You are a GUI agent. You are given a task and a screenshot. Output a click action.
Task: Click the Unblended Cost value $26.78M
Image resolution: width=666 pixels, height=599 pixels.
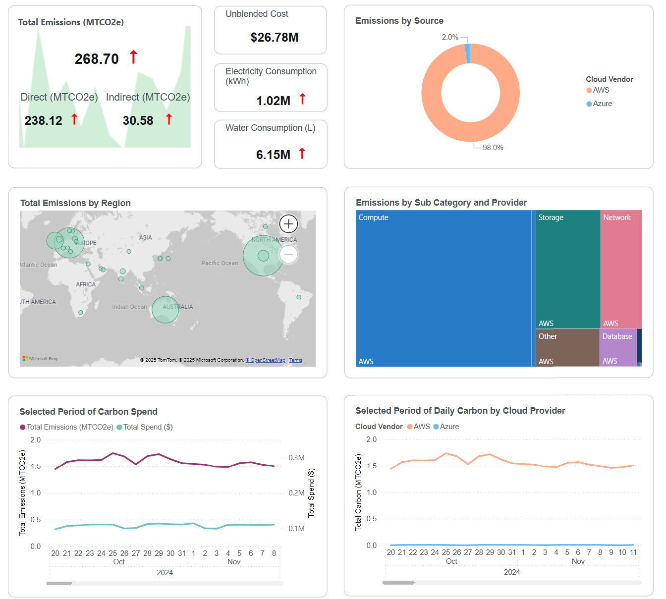[x=275, y=38]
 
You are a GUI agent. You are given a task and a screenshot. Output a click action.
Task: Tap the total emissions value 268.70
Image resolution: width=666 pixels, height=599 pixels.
[x=97, y=59]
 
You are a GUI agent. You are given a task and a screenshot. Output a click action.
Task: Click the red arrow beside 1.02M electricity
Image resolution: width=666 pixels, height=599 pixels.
[x=302, y=99]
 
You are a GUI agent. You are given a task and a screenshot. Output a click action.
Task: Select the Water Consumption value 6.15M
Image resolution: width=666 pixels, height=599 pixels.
[x=273, y=155]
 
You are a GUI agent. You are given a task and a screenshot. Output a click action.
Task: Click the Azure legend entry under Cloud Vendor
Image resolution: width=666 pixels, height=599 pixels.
[x=602, y=104]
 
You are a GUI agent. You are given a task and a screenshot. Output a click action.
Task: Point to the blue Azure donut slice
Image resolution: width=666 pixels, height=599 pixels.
[x=468, y=54]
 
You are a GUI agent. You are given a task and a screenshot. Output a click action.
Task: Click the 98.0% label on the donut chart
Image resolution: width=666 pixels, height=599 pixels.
[x=493, y=148]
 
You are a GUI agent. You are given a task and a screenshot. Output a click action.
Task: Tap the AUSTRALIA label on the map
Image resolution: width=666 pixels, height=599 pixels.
[x=178, y=307]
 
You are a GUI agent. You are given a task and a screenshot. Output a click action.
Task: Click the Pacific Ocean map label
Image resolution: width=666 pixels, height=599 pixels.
[x=220, y=263]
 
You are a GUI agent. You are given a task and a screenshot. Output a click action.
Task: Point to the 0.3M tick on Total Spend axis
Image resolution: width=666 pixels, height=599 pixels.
[x=296, y=458]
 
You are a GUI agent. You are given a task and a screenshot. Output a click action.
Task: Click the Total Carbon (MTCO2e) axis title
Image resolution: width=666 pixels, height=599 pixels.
[x=358, y=492]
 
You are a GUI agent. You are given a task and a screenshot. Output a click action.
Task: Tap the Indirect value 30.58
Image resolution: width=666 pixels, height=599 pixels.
[x=138, y=120]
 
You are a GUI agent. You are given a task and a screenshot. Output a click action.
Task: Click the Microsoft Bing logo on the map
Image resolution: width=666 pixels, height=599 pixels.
[x=40, y=359]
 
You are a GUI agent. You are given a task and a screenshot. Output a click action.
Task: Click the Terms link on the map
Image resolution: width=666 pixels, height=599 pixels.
[x=296, y=360]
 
